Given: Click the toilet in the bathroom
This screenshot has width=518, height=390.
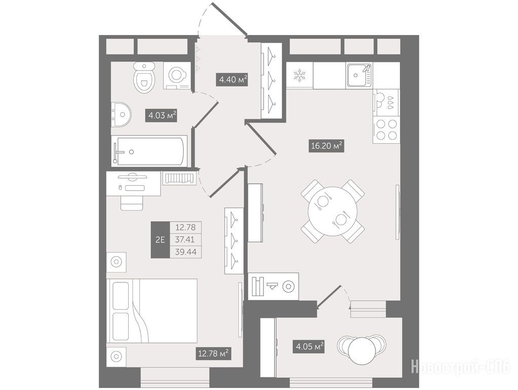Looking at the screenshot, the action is click(x=144, y=78).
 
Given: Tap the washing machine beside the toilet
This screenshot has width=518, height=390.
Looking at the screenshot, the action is click(x=177, y=76).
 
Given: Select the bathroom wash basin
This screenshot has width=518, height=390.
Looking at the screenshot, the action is click(x=121, y=115).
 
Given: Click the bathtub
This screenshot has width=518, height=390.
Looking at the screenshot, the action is click(x=149, y=151).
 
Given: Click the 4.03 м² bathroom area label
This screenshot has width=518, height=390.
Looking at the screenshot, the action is click(x=162, y=116).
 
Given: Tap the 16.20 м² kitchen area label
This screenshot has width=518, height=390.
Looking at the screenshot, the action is click(x=326, y=145).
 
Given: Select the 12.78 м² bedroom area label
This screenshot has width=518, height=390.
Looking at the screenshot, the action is click(x=213, y=353).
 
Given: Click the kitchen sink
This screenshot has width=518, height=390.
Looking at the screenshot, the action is click(x=359, y=75).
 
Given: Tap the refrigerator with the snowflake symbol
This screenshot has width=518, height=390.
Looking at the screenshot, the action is click(x=300, y=75).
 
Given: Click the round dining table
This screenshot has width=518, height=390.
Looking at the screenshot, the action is click(x=332, y=211).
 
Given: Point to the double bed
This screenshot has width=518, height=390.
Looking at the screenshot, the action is click(x=152, y=311).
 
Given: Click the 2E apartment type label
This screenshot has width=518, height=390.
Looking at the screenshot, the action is click(x=160, y=239).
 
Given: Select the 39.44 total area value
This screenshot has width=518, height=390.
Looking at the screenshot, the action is click(x=186, y=252).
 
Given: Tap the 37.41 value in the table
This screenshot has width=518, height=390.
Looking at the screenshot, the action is click(x=185, y=239).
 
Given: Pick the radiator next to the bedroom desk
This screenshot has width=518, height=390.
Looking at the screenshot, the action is click(x=179, y=178).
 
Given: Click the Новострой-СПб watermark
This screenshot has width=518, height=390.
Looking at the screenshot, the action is click(x=461, y=367).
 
